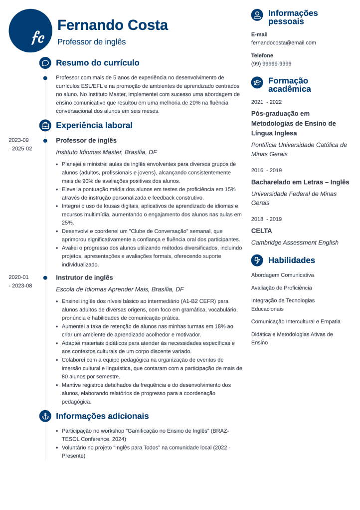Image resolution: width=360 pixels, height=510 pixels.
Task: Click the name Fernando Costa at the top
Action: click(x=113, y=25)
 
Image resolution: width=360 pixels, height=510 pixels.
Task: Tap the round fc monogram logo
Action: click(x=31, y=31)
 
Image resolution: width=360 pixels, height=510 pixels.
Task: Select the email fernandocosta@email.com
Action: click(x=283, y=42)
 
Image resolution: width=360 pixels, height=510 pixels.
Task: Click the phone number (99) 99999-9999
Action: click(x=271, y=63)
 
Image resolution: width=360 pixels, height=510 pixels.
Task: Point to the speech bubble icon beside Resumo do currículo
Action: click(x=45, y=63)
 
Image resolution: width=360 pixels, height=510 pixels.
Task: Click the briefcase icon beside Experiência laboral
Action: click(x=45, y=125)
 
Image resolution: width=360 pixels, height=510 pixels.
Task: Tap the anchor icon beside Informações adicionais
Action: click(x=45, y=416)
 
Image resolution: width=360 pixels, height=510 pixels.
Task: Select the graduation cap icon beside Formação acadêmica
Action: click(x=257, y=83)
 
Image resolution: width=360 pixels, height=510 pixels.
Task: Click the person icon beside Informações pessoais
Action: click(x=257, y=15)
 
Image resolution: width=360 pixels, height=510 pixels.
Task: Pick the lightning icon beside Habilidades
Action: click(x=257, y=260)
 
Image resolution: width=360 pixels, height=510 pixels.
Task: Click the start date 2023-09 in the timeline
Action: click(x=19, y=140)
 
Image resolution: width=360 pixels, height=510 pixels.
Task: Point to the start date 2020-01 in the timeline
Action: click(x=19, y=277)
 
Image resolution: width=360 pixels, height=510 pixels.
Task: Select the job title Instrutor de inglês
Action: click(x=84, y=277)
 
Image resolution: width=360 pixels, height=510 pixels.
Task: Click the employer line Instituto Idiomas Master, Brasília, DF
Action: click(x=106, y=152)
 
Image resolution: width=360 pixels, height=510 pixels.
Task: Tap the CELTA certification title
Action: click(x=261, y=231)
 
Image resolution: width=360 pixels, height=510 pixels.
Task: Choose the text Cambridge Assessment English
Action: click(x=295, y=243)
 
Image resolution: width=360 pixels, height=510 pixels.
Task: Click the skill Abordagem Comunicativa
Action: click(x=282, y=275)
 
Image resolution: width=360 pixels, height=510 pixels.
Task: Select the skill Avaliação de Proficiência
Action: click(x=281, y=287)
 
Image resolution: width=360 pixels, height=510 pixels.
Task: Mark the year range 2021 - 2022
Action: click(x=266, y=101)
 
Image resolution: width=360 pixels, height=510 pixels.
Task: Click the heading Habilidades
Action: click(x=291, y=260)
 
